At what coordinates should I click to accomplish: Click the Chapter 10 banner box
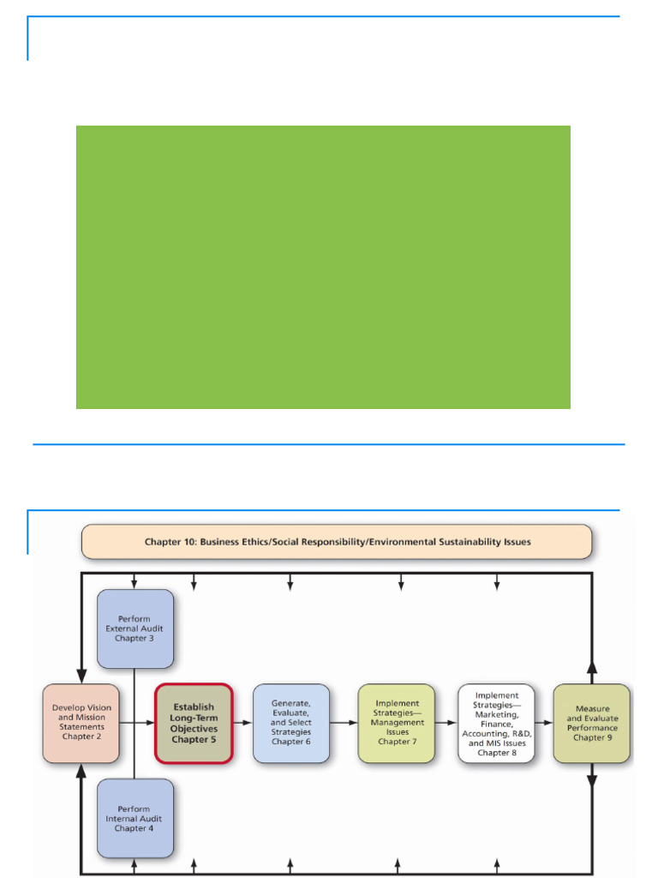click(336, 542)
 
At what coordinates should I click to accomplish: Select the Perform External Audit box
click(135, 628)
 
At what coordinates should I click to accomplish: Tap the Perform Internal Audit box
click(135, 818)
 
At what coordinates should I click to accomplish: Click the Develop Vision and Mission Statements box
click(81, 722)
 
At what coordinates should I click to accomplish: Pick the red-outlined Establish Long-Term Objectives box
click(194, 723)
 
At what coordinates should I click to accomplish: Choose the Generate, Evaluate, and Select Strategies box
click(291, 722)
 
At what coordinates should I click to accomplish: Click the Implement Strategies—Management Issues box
click(396, 722)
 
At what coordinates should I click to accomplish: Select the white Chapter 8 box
click(496, 723)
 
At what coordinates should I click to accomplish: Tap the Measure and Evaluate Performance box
click(592, 722)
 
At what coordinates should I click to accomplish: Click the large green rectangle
click(323, 268)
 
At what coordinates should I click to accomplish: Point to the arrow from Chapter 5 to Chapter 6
click(242, 723)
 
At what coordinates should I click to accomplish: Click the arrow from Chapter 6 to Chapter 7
click(344, 723)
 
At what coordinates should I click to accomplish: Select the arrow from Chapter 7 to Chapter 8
click(446, 723)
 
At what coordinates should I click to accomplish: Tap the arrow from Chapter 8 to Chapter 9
click(544, 723)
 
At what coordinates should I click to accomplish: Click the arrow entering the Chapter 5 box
click(137, 723)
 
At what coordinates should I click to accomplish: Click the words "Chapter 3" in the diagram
click(135, 638)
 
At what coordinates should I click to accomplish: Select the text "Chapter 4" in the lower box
click(134, 828)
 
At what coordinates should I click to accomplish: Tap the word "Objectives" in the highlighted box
click(194, 729)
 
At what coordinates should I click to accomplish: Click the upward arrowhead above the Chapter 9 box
click(592, 667)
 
